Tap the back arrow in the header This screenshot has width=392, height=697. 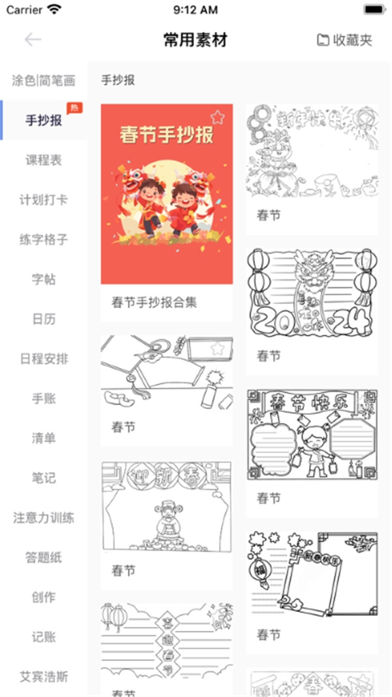(33, 40)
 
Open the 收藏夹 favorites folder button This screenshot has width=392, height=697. (344, 40)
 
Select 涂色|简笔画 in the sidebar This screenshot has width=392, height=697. (44, 81)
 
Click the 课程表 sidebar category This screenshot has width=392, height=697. (44, 160)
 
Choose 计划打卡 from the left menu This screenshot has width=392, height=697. (44, 200)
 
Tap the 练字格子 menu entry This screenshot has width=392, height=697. (44, 240)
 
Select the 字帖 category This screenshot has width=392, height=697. (44, 280)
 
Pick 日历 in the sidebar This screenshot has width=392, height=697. (44, 320)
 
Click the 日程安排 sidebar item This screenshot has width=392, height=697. (44, 359)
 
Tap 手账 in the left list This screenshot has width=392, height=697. (44, 399)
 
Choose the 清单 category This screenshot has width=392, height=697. (44, 439)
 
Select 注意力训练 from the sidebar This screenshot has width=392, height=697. (44, 518)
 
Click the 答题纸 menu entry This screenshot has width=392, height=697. (44, 558)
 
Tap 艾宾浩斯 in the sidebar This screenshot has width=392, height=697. (44, 677)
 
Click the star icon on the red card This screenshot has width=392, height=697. (218, 117)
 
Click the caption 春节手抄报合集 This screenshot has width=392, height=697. (154, 303)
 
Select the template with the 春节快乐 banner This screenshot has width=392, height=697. (312, 435)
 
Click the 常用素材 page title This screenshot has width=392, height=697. (195, 40)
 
